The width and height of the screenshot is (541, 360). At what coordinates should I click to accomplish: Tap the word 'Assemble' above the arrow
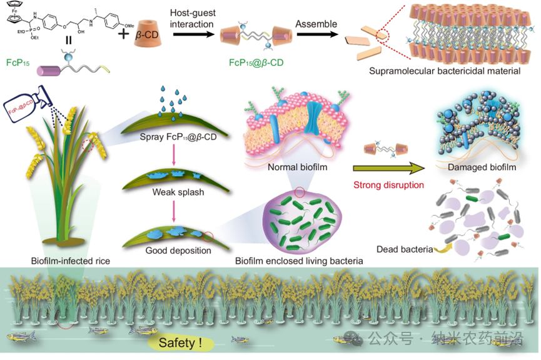pos(316,24)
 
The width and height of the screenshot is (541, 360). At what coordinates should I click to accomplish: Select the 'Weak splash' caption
pos(178,192)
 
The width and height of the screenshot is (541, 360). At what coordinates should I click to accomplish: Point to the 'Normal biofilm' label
pos(297,167)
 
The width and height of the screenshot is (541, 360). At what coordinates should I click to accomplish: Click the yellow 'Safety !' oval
pos(180,342)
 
